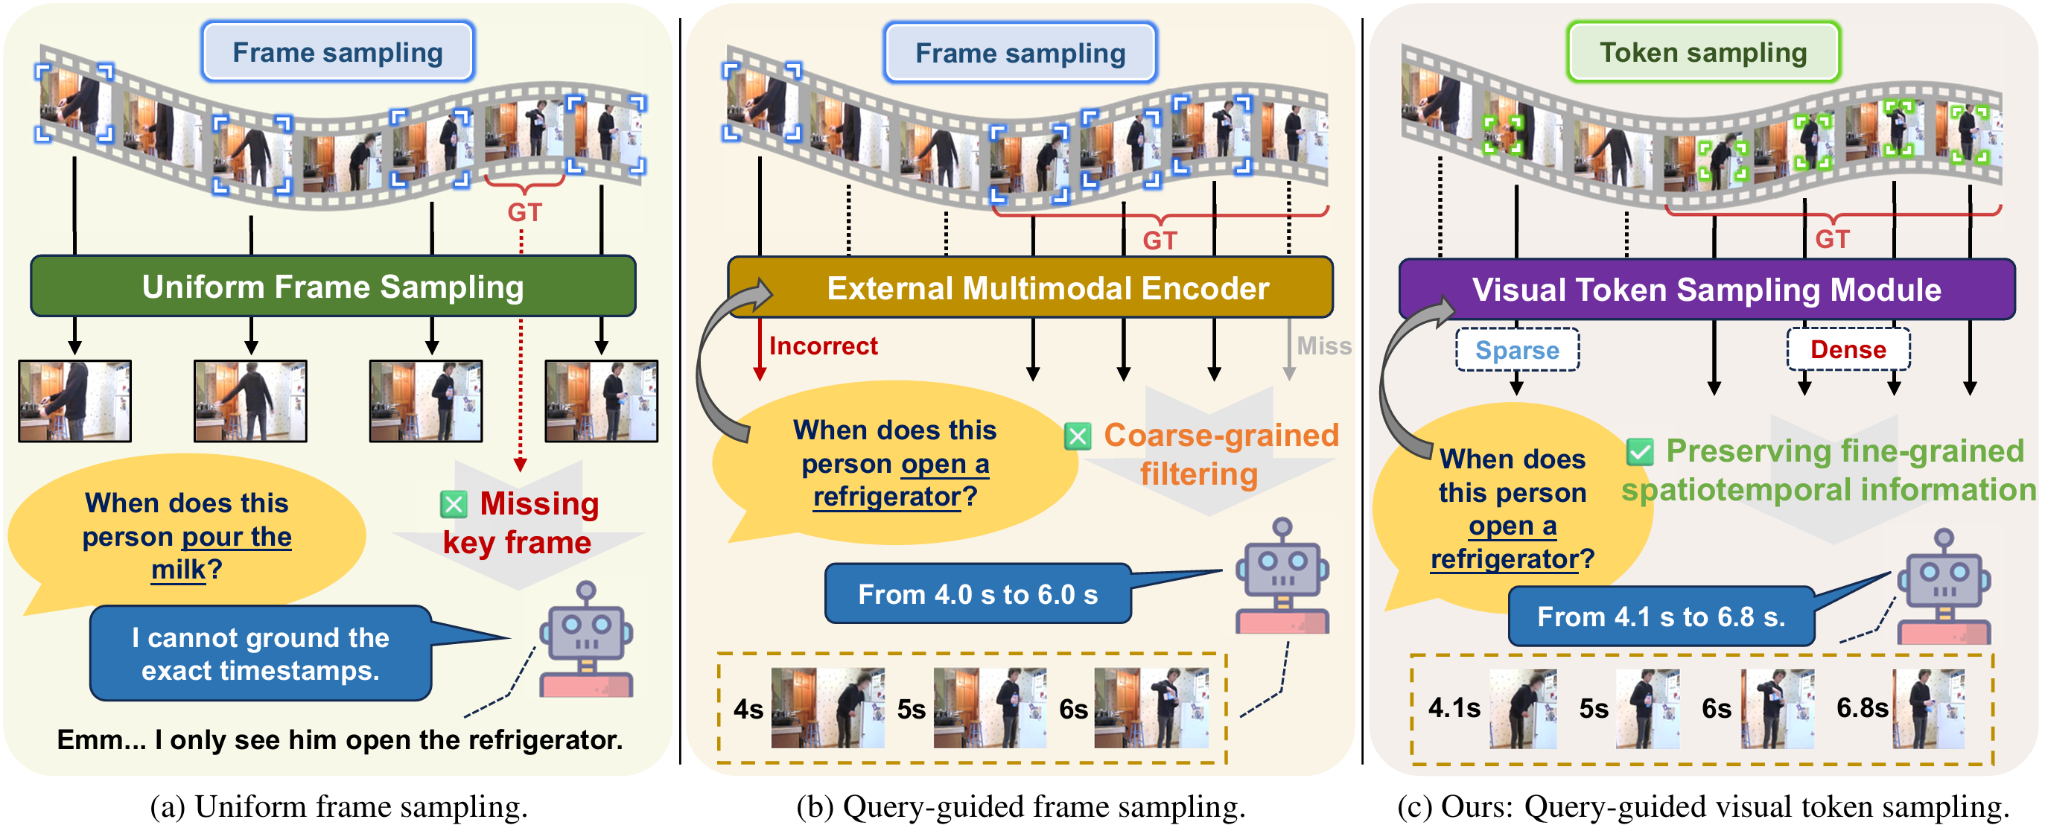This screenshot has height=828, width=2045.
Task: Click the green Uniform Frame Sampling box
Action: coord(333,287)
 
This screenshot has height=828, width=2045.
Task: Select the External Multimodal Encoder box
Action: coord(1047,288)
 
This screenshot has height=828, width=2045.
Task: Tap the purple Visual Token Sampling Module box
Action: coord(1706,290)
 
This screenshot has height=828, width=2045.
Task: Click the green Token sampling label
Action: coord(1703,52)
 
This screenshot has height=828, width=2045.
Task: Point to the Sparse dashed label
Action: coord(1516,350)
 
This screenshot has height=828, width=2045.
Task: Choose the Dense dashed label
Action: coord(1848,349)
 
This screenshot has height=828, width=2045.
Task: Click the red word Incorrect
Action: coord(823,346)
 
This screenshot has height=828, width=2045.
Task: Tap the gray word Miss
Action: coord(1323,346)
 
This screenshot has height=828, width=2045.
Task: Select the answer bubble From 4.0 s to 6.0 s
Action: coord(977,593)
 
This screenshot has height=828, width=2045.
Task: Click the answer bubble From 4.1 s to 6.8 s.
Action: coord(1661,617)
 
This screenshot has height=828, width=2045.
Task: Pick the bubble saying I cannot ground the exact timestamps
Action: coord(261,653)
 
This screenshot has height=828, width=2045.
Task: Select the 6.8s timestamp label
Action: coord(1862,707)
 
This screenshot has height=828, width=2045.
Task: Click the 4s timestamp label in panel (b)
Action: coord(748,709)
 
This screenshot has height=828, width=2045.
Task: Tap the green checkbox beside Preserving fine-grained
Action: coord(1639,453)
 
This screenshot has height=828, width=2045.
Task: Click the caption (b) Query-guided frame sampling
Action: coord(1020,806)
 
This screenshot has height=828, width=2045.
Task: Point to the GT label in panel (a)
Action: coord(525,213)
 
